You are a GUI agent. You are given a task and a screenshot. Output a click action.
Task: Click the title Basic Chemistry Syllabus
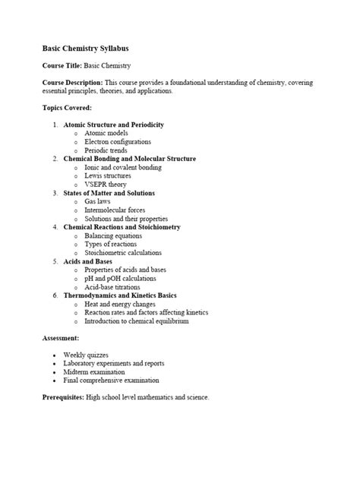[90, 47]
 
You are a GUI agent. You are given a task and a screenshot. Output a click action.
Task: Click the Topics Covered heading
[67, 107]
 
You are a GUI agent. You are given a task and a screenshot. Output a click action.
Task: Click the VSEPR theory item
[106, 184]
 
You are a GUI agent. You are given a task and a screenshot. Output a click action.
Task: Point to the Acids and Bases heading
[93, 261]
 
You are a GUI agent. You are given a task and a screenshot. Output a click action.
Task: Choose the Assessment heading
[61, 338]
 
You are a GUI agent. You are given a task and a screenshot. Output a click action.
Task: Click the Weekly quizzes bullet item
[86, 355]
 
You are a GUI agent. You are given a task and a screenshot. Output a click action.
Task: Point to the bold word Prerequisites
[63, 397]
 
